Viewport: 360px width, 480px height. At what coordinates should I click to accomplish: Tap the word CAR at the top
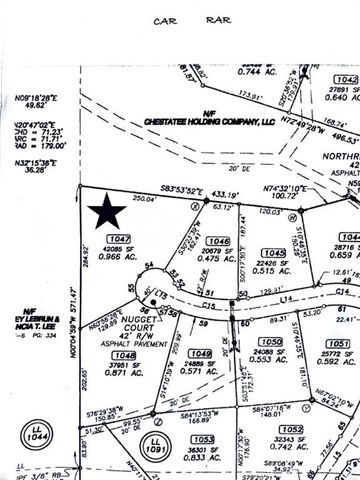pos(165,19)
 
